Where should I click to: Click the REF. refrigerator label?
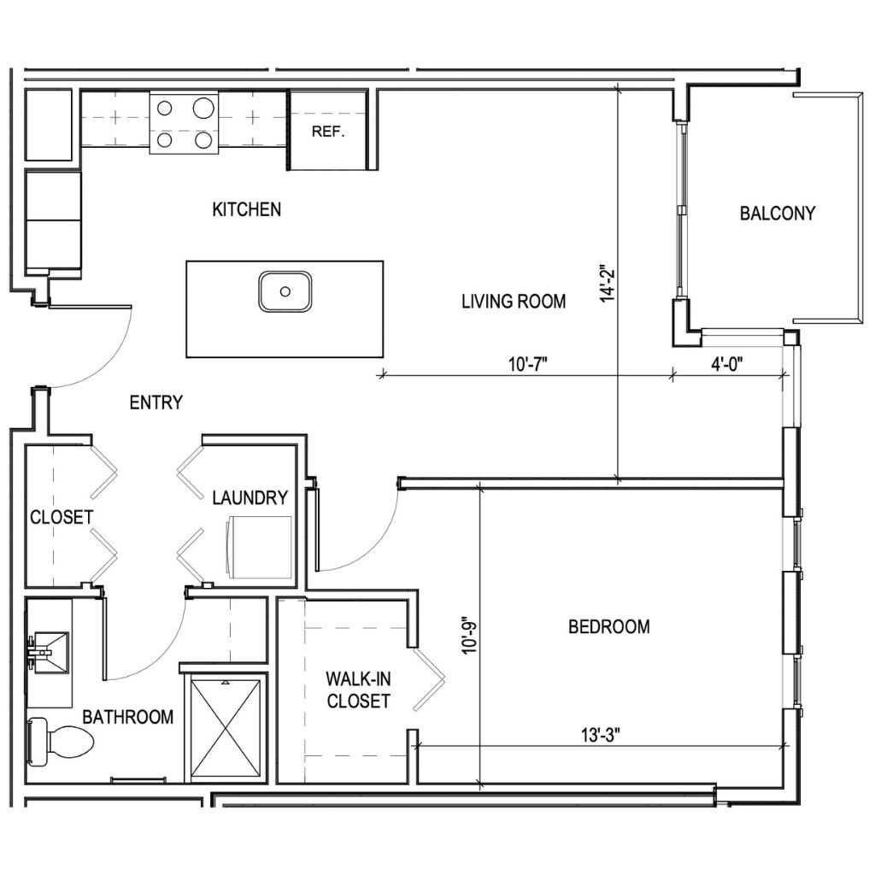click(328, 132)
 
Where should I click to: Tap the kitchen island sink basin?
click(285, 291)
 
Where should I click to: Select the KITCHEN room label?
click(246, 209)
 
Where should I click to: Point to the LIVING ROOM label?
click(514, 301)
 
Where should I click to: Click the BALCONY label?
click(778, 213)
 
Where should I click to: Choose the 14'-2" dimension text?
click(608, 283)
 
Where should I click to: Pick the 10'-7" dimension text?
click(527, 362)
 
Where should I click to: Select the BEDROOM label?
click(608, 626)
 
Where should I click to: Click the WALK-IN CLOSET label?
click(357, 690)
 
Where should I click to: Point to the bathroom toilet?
click(60, 741)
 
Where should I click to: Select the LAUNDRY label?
click(250, 497)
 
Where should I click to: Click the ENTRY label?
click(156, 402)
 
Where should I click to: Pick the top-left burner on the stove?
click(166, 109)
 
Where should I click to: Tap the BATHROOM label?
click(127, 716)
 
